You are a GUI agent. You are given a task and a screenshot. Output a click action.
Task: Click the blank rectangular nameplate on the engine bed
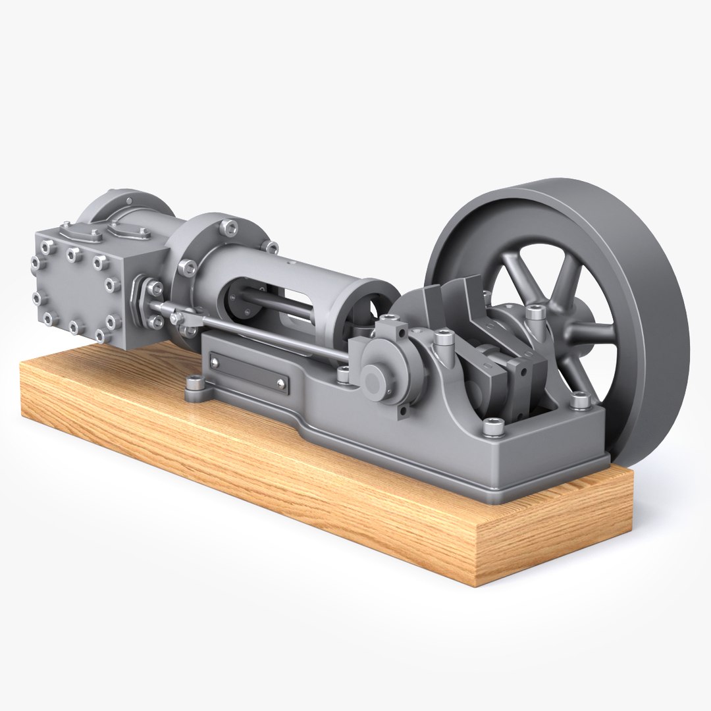coord(249,372)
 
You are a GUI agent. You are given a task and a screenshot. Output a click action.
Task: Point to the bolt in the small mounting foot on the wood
coord(195,382)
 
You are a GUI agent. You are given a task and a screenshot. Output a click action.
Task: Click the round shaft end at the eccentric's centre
coord(373,378)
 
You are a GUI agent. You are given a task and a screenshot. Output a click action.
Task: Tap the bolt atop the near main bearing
coord(439,340)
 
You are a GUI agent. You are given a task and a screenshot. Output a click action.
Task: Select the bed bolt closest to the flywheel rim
coord(579,399)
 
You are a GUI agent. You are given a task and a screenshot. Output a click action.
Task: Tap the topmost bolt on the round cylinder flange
coord(228,227)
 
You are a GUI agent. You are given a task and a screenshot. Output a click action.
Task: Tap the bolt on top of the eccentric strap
coord(390,321)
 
